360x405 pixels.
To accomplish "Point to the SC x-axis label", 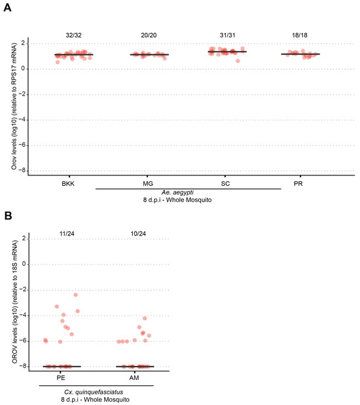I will (x=225, y=184).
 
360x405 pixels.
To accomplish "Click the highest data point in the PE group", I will (x=75, y=295).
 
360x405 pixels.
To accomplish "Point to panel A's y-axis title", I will (x=14, y=105).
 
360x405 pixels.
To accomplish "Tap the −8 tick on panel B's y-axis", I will (x=26, y=367).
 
